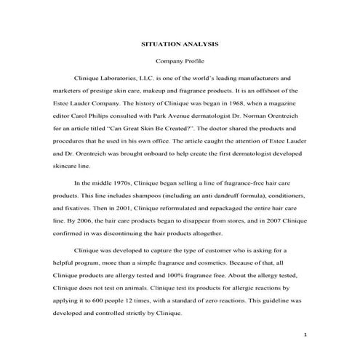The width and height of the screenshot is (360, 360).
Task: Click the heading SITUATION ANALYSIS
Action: coord(179,44)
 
